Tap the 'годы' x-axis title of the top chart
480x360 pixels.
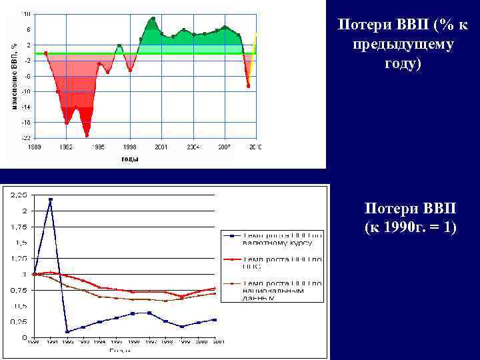point(129,158)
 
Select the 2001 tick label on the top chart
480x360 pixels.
point(161,145)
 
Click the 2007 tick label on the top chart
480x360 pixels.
point(225,145)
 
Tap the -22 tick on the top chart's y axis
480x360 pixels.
point(25,137)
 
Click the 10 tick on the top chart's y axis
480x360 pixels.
point(26,14)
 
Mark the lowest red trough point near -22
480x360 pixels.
point(87,135)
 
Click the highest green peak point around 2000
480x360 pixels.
point(153,19)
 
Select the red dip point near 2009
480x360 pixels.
point(248,86)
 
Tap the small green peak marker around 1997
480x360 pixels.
point(119,46)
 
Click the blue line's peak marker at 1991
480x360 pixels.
point(51,199)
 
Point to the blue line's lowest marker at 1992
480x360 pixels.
point(67,331)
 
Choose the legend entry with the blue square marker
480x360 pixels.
point(273,239)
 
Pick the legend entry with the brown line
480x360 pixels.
point(273,287)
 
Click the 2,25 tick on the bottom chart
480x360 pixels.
point(19,195)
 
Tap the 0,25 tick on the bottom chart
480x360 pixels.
point(19,322)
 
